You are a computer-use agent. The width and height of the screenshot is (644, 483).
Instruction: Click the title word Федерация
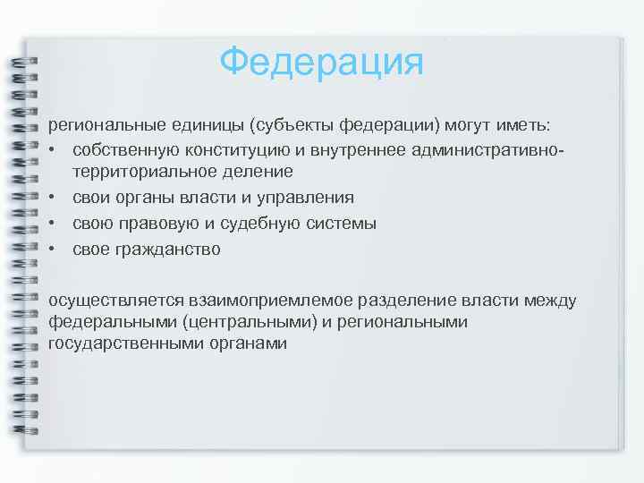[x=321, y=63]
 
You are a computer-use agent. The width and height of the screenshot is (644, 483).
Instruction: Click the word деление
[x=261, y=171]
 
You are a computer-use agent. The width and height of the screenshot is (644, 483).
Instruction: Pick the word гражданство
[x=167, y=249]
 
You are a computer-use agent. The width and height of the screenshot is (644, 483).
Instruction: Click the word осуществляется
[x=116, y=300]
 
